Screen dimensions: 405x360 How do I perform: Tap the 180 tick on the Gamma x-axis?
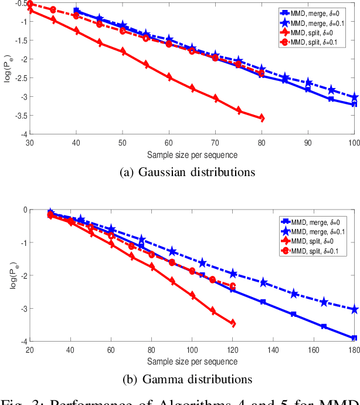coord(354,349)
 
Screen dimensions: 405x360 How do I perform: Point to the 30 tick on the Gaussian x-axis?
coord(30,142)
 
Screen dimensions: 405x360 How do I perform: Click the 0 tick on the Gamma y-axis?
coord(24,210)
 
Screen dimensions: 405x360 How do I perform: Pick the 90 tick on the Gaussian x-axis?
coord(308,142)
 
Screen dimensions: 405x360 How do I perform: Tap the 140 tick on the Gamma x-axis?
coord(273,349)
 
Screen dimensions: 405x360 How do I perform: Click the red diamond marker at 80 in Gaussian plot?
coord(261,119)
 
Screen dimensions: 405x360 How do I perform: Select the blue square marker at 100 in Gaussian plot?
coord(354,104)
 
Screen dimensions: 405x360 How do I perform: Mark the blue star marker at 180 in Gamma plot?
coord(354,309)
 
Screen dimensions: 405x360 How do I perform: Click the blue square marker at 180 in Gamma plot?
coord(354,338)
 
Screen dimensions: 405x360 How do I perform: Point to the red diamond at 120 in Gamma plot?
coord(233,323)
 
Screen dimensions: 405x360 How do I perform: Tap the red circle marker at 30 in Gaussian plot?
coord(30,4)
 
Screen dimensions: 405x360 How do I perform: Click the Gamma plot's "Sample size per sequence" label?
coord(192,359)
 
